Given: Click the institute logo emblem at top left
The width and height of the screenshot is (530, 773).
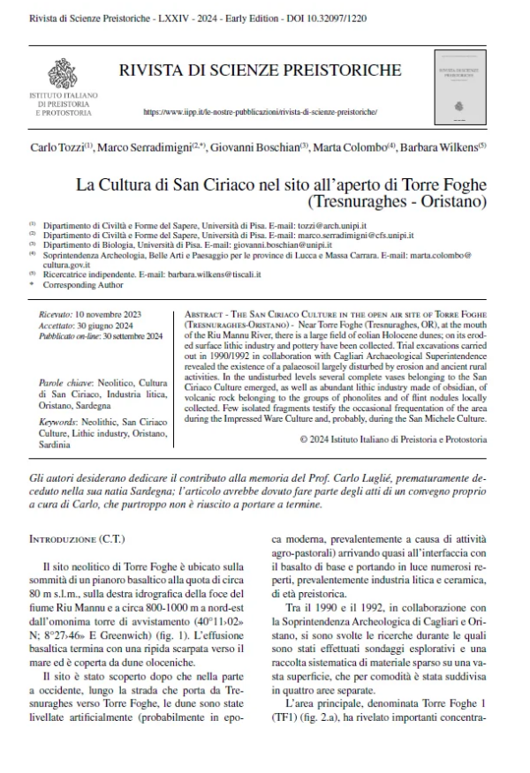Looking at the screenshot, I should [63, 70].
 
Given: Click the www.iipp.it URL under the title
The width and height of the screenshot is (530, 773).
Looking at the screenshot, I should [260, 114].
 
